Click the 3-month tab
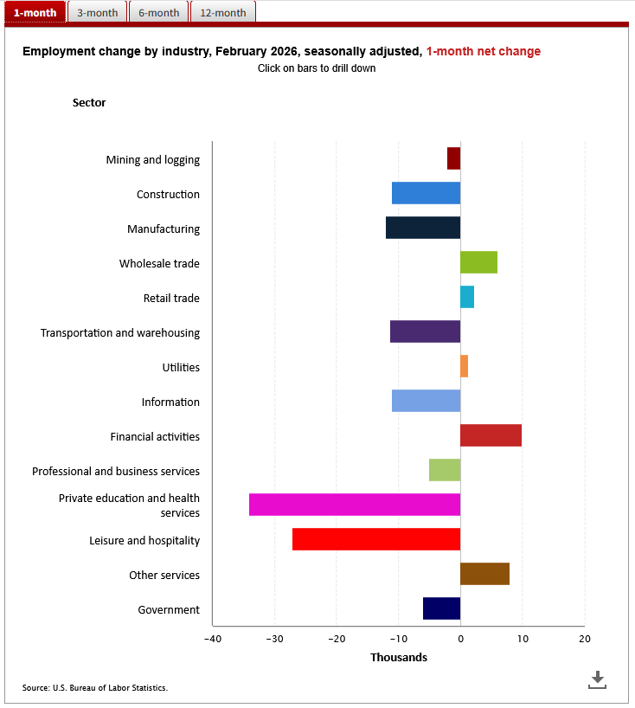click(97, 12)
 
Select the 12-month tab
click(222, 12)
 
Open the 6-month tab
click(158, 12)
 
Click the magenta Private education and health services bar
click(355, 505)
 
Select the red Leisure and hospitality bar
click(376, 539)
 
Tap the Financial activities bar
click(491, 435)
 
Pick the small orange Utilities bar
click(465, 366)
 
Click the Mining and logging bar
click(454, 158)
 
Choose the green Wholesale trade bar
click(478, 262)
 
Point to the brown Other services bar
click(484, 574)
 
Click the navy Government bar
click(441, 608)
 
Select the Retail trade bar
click(467, 297)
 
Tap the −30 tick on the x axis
click(274, 639)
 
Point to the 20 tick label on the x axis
click(585, 639)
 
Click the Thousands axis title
click(399, 658)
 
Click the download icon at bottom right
click(597, 679)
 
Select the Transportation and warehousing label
click(120, 332)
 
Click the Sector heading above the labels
click(89, 103)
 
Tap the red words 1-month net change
click(484, 51)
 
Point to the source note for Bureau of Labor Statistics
click(95, 688)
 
